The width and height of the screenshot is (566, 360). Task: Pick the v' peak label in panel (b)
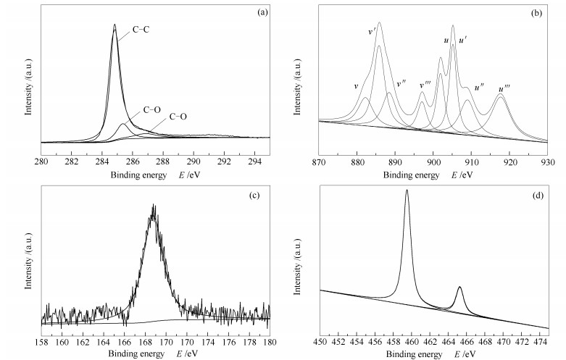(373, 32)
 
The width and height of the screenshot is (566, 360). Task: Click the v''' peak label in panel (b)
(426, 85)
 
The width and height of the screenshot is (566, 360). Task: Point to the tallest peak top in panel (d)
(407, 191)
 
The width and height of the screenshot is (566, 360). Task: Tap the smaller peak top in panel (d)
(459, 288)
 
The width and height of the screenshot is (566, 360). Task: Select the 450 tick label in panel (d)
(320, 340)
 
